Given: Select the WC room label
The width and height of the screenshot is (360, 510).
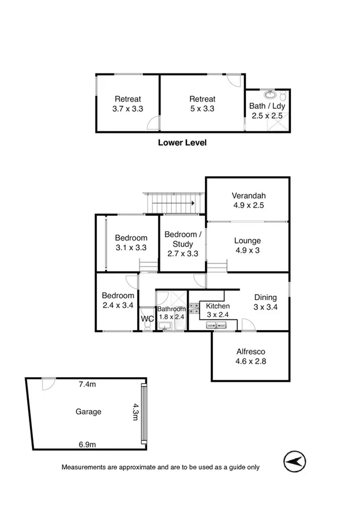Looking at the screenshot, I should pyautogui.click(x=147, y=318).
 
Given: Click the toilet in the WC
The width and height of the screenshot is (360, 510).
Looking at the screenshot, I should pyautogui.click(x=147, y=327).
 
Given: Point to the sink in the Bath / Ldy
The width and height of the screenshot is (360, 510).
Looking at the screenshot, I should pyautogui.click(x=271, y=95).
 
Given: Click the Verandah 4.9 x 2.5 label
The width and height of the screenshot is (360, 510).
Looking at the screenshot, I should pyautogui.click(x=249, y=200).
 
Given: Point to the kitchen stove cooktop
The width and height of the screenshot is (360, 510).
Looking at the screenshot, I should pyautogui.click(x=194, y=309).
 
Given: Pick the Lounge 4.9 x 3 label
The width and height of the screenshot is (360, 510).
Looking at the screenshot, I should pyautogui.click(x=247, y=245).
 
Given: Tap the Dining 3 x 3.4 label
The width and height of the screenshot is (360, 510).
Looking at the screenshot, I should pyautogui.click(x=265, y=303).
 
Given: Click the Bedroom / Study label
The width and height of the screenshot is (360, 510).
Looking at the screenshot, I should pyautogui.click(x=182, y=239).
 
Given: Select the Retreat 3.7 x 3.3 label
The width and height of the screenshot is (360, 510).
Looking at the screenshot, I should pyautogui.click(x=127, y=104).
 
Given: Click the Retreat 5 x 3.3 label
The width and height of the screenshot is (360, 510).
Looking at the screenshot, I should pyautogui.click(x=202, y=104).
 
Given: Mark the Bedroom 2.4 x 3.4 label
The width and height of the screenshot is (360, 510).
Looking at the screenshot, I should pyautogui.click(x=118, y=301).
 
